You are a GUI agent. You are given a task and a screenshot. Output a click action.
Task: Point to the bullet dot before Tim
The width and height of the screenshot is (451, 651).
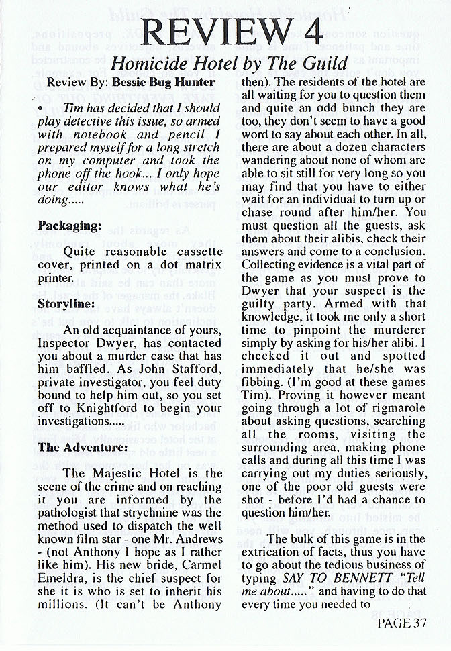click(x=41, y=107)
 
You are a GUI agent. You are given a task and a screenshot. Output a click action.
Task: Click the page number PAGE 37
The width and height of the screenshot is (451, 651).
click(x=402, y=623)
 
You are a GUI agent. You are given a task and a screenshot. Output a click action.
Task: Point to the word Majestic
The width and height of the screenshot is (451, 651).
click(x=121, y=472)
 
